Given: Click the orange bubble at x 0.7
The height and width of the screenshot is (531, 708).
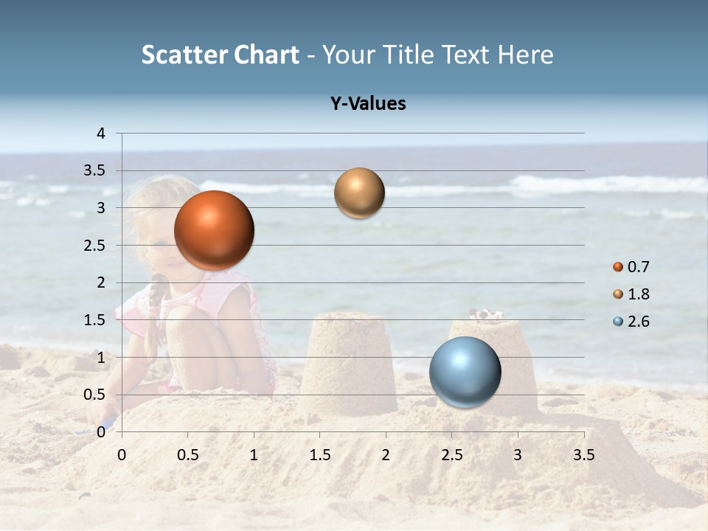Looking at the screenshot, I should click(x=214, y=230).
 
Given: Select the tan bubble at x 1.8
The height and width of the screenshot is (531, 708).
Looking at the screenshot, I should click(x=359, y=193).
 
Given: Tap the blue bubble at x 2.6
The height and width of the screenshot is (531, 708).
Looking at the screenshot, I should click(x=465, y=372).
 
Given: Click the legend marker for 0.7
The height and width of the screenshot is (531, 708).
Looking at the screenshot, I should click(x=618, y=267).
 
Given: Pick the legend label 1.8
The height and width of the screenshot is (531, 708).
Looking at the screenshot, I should click(x=638, y=294).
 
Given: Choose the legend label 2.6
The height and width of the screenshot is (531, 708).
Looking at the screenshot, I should click(x=638, y=322).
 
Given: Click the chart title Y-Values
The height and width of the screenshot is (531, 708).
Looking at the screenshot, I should click(x=368, y=104).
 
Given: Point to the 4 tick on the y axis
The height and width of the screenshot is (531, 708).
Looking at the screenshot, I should click(x=101, y=133).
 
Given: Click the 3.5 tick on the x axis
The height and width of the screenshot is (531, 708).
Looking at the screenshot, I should click(x=583, y=455).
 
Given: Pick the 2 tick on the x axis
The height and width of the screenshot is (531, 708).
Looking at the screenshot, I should click(x=386, y=455).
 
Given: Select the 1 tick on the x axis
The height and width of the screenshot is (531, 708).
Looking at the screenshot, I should click(x=254, y=455).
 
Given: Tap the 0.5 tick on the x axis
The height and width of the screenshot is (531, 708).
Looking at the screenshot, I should click(x=188, y=455).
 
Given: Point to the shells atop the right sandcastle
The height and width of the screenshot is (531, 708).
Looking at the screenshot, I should click(x=487, y=315).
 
